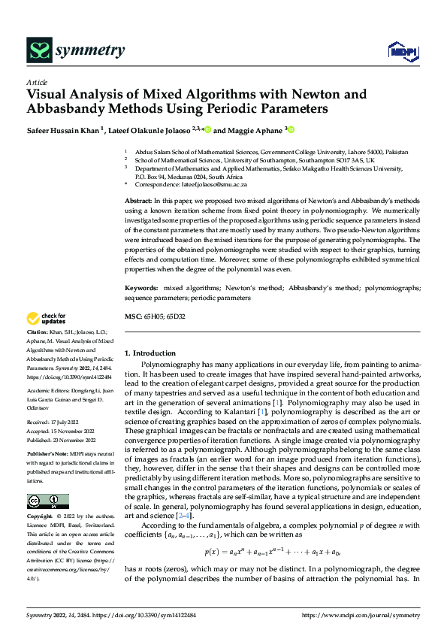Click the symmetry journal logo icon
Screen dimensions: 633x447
38,50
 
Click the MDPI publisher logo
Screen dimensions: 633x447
402,51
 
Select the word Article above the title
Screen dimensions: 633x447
37,82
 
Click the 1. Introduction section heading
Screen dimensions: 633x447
150,353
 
